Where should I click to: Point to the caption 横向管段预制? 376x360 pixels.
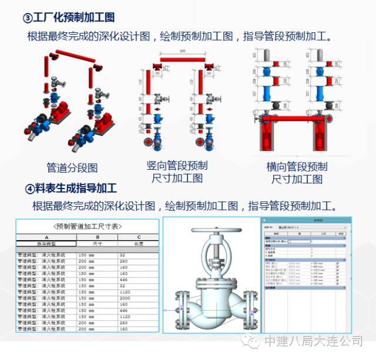(x=297, y=166)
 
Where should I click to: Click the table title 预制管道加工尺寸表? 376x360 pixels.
(x=88, y=226)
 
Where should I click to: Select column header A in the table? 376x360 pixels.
(x=45, y=237)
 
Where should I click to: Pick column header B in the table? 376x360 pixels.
(x=97, y=237)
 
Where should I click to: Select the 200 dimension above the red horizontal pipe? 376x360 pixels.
(x=183, y=51)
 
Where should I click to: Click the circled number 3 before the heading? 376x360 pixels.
(x=27, y=18)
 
